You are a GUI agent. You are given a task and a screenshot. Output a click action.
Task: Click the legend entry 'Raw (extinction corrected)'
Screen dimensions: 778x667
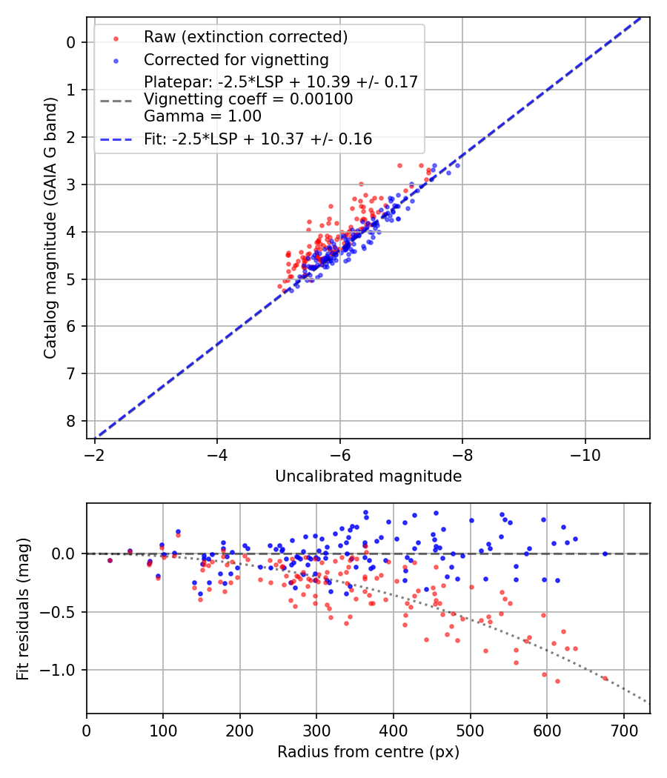245,37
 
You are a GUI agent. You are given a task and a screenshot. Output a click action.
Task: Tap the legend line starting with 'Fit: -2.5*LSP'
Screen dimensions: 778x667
258,139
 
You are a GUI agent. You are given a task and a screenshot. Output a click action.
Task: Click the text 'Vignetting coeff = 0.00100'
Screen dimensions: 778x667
248,99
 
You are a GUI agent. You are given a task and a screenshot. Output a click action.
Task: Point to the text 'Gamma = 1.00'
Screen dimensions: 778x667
202,116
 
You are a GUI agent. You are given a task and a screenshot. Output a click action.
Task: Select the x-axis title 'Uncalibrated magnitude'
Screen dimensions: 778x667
368,476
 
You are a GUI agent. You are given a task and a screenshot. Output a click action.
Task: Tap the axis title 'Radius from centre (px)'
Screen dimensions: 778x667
368,752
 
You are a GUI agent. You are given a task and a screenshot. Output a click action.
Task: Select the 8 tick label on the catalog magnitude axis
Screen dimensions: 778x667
71,421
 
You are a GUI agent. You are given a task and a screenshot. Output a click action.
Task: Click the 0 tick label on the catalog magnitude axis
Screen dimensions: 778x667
71,42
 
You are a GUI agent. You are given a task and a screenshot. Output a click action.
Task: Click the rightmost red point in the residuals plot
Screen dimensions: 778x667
605,678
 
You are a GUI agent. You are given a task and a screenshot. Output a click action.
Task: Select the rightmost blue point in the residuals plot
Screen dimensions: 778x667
605,553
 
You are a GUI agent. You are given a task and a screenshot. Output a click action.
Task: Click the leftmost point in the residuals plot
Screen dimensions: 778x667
110,560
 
